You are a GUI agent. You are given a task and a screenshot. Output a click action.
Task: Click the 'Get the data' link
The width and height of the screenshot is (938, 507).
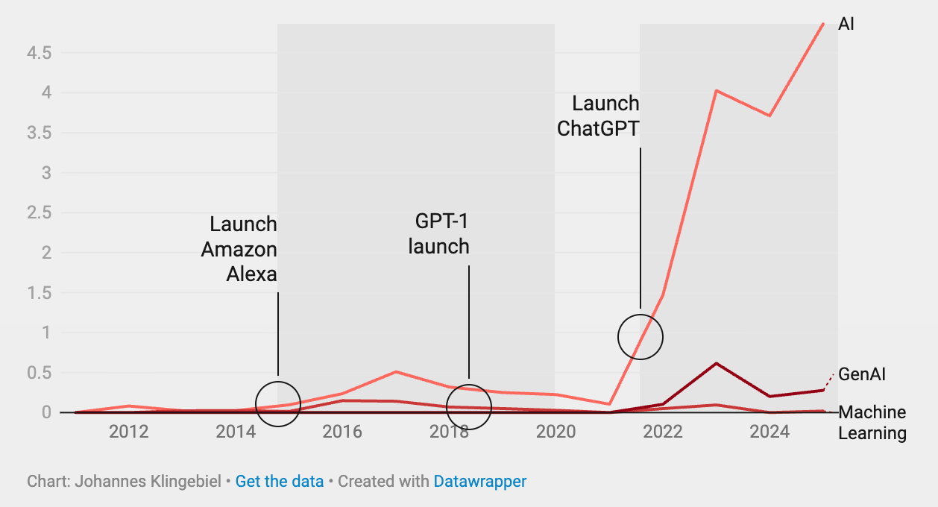(280, 482)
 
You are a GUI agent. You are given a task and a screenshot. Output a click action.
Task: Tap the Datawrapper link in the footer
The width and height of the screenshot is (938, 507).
(480, 482)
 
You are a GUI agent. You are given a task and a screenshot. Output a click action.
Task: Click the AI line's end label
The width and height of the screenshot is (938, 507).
(846, 24)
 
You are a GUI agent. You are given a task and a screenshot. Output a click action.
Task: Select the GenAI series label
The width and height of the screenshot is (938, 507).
(862, 374)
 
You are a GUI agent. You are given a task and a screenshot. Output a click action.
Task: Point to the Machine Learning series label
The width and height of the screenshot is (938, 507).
(872, 423)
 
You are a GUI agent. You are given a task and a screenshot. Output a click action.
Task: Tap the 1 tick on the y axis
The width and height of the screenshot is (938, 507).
(45, 333)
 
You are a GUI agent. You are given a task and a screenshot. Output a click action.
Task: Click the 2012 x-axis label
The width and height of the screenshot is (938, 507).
(129, 432)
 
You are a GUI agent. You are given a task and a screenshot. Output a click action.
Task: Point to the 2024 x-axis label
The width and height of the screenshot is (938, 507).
(769, 432)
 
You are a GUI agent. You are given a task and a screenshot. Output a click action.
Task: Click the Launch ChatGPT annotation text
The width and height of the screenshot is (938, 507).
(599, 116)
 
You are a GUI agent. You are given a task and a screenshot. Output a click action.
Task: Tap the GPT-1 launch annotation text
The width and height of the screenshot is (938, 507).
(439, 233)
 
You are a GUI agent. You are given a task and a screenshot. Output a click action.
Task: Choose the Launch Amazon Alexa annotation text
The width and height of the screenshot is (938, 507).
(239, 249)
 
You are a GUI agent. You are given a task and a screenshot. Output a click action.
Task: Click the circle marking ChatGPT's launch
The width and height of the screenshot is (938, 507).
(640, 337)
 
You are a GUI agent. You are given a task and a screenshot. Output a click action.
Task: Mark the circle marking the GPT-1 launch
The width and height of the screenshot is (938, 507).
(469, 406)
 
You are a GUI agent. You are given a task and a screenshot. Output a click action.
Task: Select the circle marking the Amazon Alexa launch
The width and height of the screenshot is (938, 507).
(278, 403)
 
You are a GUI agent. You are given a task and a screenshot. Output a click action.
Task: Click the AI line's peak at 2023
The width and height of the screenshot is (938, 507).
(716, 91)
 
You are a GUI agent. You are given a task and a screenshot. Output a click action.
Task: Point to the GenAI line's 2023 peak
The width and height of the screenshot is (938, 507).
(716, 364)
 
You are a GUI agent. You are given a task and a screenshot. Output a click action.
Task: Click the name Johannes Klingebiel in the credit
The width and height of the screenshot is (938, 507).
(148, 482)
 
